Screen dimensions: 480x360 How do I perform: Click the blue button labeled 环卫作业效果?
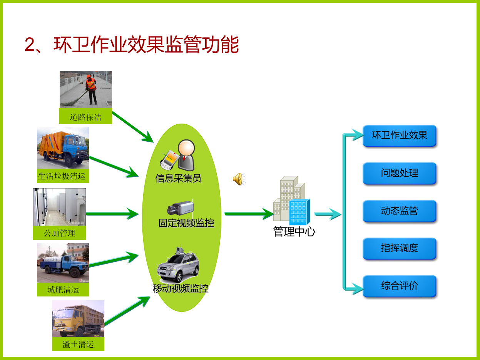click(399, 136)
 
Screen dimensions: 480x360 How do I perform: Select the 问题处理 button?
click(399, 173)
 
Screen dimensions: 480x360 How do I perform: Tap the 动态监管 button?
click(399, 211)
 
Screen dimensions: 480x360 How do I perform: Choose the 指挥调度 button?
click(399, 248)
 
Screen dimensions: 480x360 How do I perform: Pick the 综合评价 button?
click(399, 286)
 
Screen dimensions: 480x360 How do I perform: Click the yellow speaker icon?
click(239, 179)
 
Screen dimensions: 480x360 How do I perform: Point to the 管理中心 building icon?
click(292, 201)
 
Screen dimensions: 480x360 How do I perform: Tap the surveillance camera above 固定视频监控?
click(180, 208)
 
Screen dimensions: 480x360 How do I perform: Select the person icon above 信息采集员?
click(186, 155)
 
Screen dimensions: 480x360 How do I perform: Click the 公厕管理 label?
click(60, 233)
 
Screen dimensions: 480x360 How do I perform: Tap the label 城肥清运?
click(63, 290)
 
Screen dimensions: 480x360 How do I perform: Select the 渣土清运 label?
click(78, 344)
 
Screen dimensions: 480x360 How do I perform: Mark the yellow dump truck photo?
click(78, 319)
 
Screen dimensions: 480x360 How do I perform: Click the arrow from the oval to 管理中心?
click(249, 214)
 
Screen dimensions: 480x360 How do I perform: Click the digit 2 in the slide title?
click(30, 45)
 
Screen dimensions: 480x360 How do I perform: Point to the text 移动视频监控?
click(181, 288)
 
